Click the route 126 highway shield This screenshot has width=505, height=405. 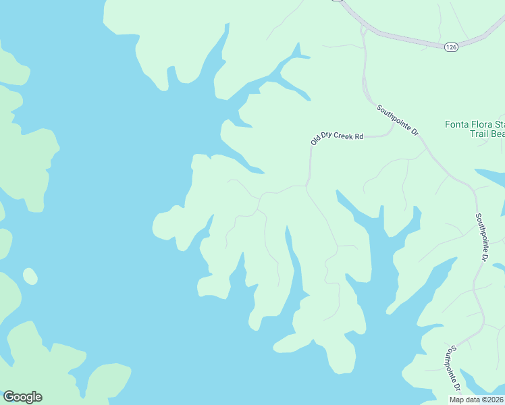[452, 47]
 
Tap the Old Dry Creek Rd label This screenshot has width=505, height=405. [337, 138]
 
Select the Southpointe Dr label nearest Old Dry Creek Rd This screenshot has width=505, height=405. [398, 120]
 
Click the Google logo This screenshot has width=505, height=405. [22, 397]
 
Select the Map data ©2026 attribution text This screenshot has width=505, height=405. [477, 400]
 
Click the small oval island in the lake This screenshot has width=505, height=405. [30, 276]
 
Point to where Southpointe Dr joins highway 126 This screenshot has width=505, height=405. [365, 28]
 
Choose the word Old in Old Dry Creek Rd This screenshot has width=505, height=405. [316, 141]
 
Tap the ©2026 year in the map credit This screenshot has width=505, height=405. [491, 400]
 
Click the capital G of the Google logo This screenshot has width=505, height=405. [9, 397]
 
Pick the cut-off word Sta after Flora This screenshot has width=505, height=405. [500, 124]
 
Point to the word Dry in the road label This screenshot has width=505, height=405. [329, 138]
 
